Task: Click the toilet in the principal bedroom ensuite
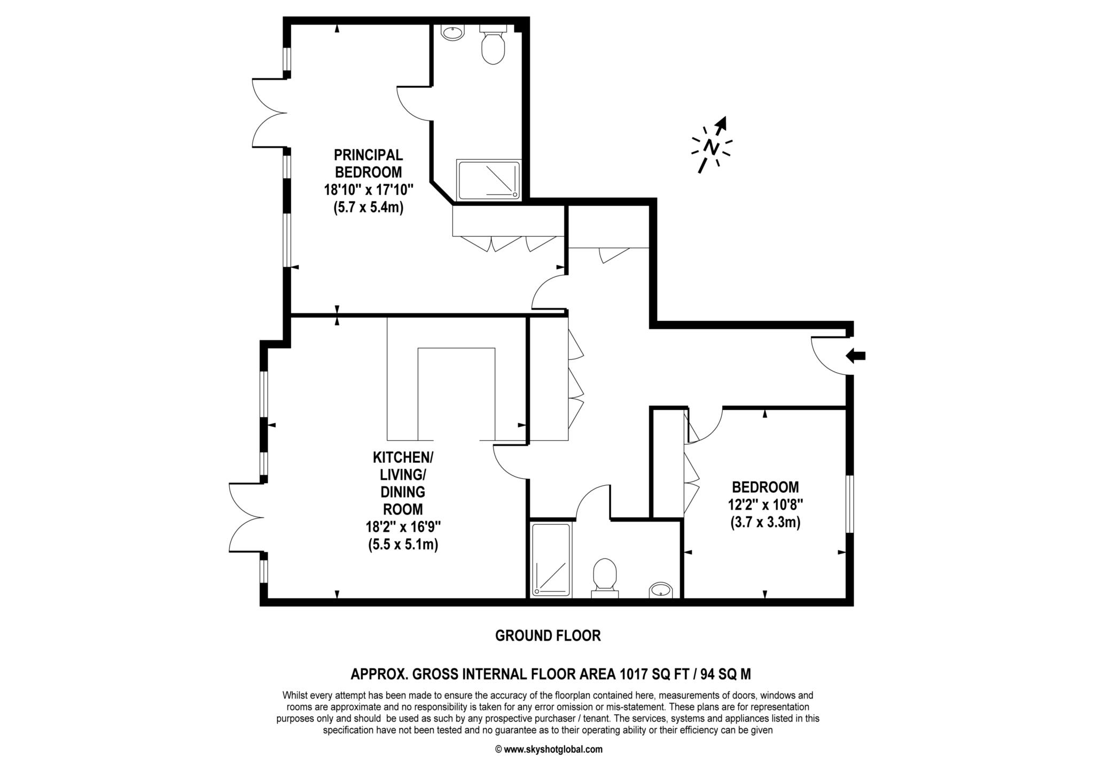coord(493,47)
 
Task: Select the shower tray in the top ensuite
coord(488,180)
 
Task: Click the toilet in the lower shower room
coord(605,577)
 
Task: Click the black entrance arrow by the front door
coord(856,356)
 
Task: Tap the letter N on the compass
coord(710,146)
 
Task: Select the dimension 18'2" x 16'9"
coord(403,527)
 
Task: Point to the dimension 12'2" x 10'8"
coord(765,504)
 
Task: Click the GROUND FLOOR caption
coord(548,636)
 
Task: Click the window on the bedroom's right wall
coord(849,504)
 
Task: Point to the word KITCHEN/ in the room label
coord(403,458)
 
